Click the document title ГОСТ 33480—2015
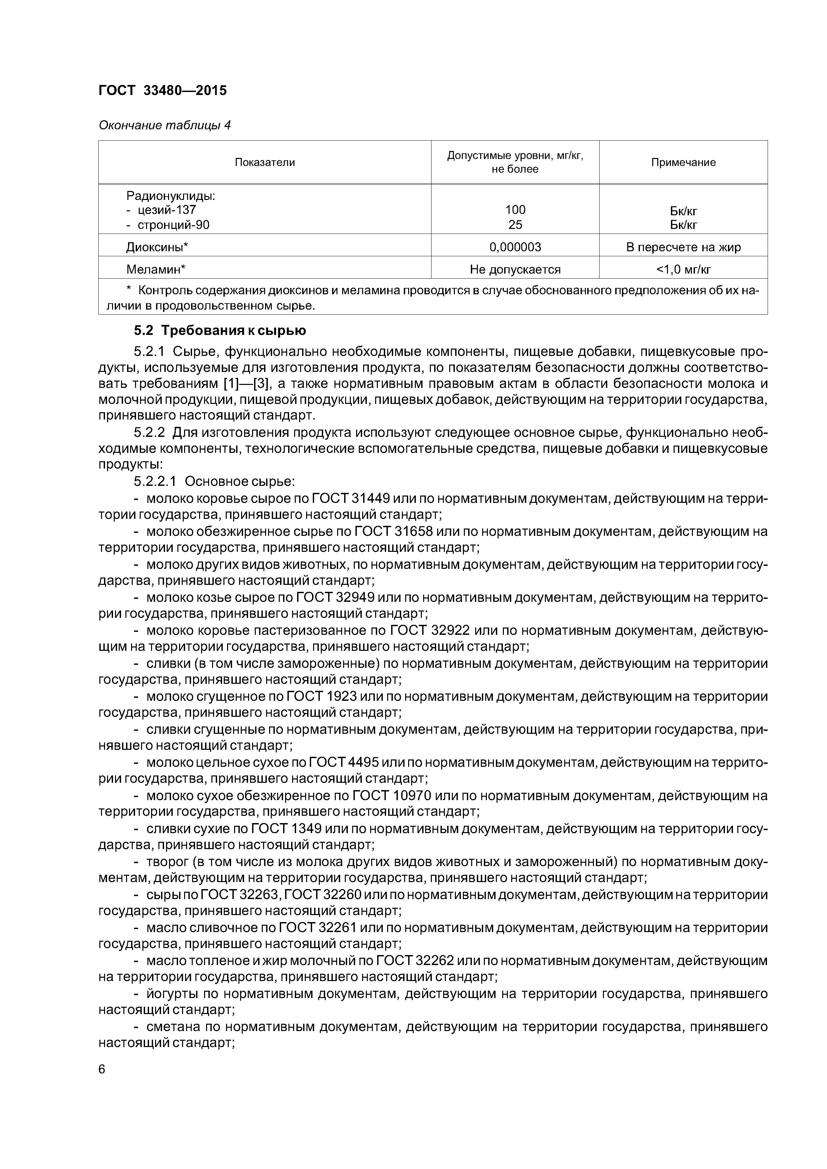[x=162, y=91]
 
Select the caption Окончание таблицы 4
[x=164, y=125]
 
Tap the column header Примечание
[x=683, y=162]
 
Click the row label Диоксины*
[x=157, y=248]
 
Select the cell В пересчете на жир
[x=683, y=248]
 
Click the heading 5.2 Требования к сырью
[x=220, y=331]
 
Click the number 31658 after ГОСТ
[x=414, y=531]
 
